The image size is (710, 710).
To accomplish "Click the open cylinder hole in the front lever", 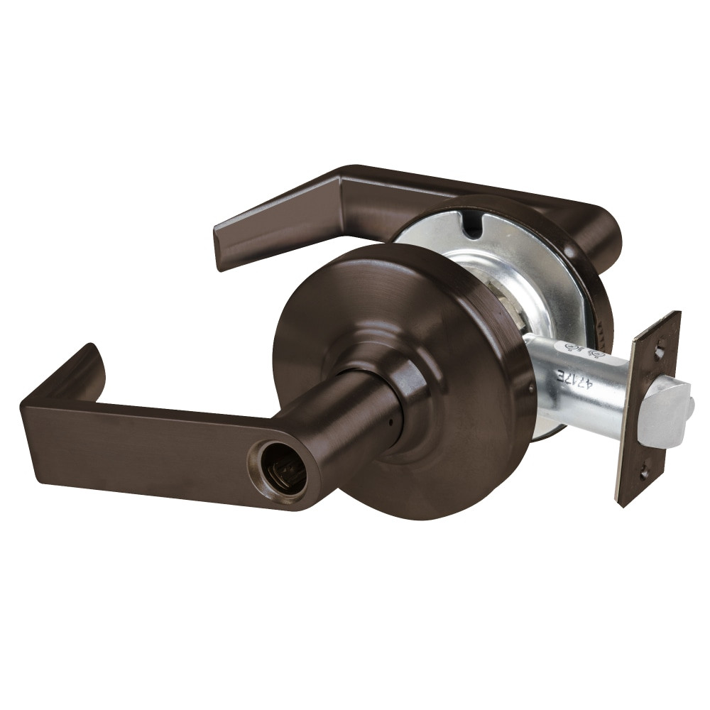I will coord(279,471).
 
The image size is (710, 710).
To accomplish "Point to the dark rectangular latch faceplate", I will coord(648,408).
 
